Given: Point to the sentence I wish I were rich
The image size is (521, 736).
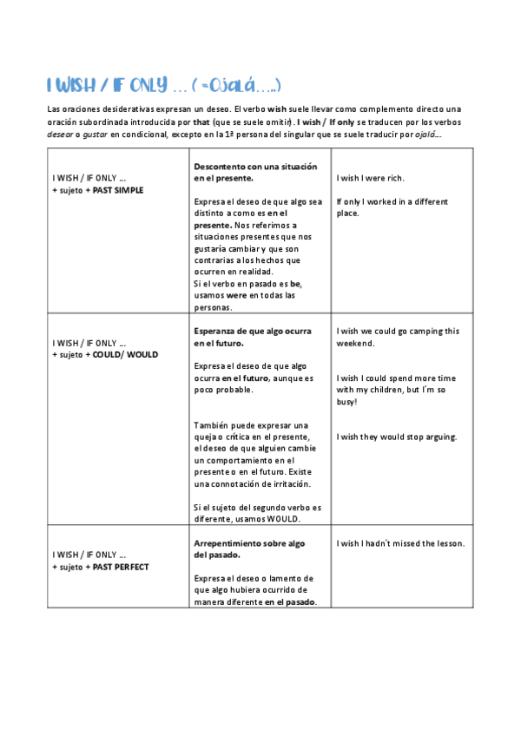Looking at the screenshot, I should (x=370, y=178).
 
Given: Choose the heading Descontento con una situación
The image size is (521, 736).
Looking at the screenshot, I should (x=256, y=166).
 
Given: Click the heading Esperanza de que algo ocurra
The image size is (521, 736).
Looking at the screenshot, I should (x=253, y=331).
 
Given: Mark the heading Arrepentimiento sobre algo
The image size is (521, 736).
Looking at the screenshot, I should (x=249, y=543).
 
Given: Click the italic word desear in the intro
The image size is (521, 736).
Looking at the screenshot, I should (x=60, y=134).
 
